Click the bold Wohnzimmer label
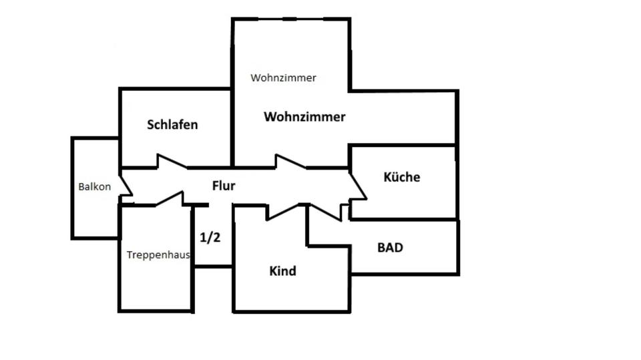[x=304, y=117]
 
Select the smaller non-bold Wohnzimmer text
[x=283, y=77]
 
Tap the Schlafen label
[x=172, y=124]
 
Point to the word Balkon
[x=94, y=187]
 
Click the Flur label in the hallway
[x=224, y=186]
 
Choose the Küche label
[x=402, y=177]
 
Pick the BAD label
[x=390, y=247]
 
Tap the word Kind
[x=282, y=271]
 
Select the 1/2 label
[x=210, y=236]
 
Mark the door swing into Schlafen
[x=167, y=162]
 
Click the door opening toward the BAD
[x=325, y=211]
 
